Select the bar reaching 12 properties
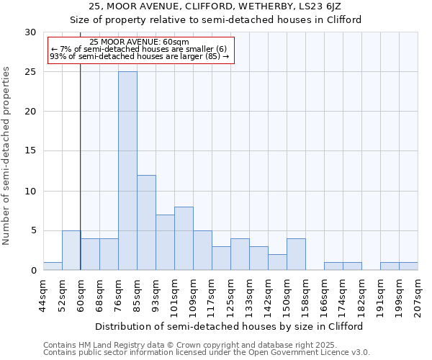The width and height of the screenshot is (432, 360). click(146, 222)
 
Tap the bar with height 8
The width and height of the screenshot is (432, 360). click(184, 238)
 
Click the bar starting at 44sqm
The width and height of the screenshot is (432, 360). click(53, 266)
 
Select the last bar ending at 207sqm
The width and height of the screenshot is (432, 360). click(408, 266)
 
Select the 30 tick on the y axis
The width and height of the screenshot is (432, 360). click(30, 32)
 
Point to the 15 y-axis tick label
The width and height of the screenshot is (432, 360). click(30, 151)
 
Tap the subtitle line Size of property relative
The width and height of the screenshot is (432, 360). click(216, 19)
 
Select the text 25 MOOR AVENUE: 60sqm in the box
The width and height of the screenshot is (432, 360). click(140, 42)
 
